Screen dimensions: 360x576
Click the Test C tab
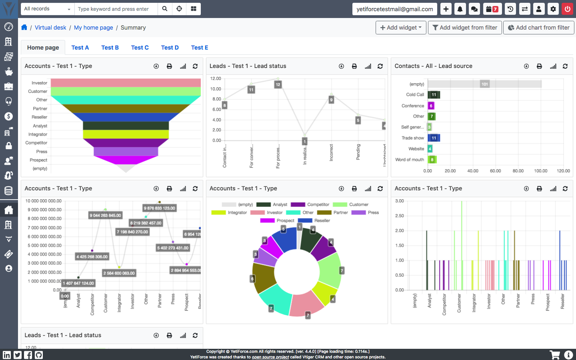tap(140, 48)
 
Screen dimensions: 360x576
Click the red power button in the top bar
tap(567, 9)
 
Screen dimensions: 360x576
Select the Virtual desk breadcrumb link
tap(50, 28)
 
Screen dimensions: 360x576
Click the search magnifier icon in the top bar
tap(165, 9)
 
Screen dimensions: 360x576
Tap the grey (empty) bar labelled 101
tap(484, 84)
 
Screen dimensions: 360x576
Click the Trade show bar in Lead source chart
tap(434, 138)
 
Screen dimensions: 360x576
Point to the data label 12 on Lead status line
tap(278, 84)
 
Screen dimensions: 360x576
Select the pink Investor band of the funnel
tap(126, 82)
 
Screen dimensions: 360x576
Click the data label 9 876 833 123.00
tap(159, 208)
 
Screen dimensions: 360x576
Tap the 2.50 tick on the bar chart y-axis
tap(399, 216)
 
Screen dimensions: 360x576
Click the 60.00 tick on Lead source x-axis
tap(495, 171)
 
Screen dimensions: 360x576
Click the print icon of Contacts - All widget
tap(539, 66)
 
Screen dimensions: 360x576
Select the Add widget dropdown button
tap(400, 28)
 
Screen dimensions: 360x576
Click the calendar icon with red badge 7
tap(492, 9)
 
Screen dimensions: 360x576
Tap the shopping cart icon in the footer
tap(555, 355)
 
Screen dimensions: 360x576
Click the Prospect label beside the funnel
tap(38, 160)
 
